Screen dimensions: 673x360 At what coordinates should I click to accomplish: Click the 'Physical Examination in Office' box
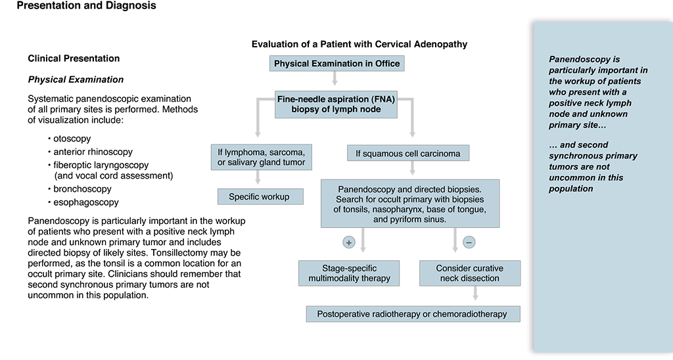click(337, 64)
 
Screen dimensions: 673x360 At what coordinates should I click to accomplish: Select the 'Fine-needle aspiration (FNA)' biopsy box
click(336, 104)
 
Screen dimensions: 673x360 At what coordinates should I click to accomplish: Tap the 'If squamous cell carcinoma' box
click(408, 153)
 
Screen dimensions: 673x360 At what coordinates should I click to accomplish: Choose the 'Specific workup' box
click(260, 196)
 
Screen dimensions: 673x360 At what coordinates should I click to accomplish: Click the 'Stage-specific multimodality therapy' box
click(349, 273)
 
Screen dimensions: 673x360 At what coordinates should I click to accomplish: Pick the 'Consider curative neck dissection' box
click(470, 273)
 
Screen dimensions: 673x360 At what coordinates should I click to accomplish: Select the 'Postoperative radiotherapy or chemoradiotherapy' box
click(413, 314)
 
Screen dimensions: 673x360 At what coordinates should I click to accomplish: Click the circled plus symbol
click(349, 242)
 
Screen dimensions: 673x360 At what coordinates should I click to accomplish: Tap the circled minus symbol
click(469, 242)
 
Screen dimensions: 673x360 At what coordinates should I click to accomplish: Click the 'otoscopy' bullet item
click(70, 139)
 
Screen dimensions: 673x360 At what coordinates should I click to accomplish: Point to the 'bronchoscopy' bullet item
click(80, 189)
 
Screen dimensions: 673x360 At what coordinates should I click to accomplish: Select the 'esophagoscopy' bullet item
click(83, 202)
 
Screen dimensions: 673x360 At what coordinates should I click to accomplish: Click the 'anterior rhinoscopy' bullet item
click(90, 152)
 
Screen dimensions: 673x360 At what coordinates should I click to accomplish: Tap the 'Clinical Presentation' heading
click(74, 58)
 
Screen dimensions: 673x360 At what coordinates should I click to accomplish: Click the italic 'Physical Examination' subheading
click(76, 79)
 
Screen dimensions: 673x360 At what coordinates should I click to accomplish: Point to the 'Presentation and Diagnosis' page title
click(86, 5)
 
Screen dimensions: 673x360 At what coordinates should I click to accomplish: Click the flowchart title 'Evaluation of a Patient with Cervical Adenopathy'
click(360, 44)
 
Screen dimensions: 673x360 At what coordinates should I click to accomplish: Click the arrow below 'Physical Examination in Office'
click(335, 79)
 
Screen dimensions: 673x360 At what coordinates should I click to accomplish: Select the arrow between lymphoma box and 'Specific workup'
click(258, 177)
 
